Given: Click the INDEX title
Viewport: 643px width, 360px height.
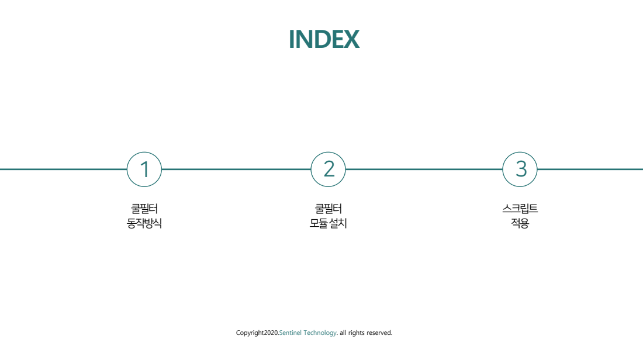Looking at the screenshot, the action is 324,39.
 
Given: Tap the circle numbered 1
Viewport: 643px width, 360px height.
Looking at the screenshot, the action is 144,153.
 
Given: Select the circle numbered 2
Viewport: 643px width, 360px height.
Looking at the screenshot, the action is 328,153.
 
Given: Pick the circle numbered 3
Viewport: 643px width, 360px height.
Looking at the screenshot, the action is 520,153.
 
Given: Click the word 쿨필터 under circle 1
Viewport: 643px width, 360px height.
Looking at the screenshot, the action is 144,209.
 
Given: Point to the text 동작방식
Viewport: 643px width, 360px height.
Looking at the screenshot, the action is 144,223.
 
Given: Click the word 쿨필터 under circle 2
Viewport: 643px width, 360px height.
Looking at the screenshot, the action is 328,209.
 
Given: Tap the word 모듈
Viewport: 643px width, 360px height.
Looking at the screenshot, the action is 319,223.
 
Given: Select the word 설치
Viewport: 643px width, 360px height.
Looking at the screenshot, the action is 338,223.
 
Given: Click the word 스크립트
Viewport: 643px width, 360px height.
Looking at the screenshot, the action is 520,209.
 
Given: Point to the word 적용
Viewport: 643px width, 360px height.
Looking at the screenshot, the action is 520,223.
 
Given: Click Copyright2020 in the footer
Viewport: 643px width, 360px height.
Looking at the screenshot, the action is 257,333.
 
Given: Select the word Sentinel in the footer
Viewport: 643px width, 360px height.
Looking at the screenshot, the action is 291,333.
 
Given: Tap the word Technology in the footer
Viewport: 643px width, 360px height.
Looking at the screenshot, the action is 320,333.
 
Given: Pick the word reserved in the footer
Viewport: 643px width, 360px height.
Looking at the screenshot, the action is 379,333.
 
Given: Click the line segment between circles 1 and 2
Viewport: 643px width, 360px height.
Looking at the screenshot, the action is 236,169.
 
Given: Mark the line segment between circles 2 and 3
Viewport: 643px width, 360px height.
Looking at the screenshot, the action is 424,169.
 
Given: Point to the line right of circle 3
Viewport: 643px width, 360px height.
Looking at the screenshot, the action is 590,169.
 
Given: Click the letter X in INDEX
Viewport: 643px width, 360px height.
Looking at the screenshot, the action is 351,39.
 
